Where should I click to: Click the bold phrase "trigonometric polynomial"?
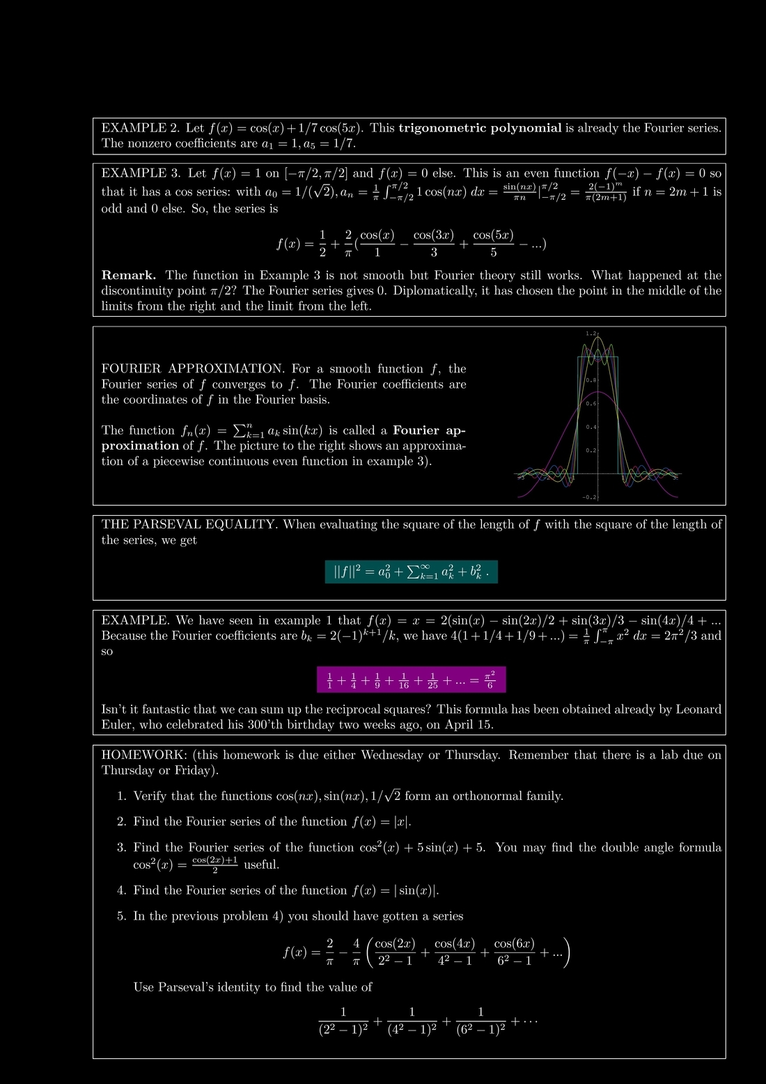480,128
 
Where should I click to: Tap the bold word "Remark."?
129,276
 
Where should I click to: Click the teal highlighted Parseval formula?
412,572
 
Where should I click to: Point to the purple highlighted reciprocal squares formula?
411,680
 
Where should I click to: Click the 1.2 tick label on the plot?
591,334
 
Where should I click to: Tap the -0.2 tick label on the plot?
589,497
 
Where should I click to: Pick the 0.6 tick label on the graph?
591,404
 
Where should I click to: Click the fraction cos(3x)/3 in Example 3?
433,244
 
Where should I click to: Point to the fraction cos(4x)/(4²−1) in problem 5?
454,952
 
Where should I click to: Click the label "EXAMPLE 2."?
140,128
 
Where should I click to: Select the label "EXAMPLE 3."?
140,173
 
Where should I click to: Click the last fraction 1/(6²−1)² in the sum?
480,1021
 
